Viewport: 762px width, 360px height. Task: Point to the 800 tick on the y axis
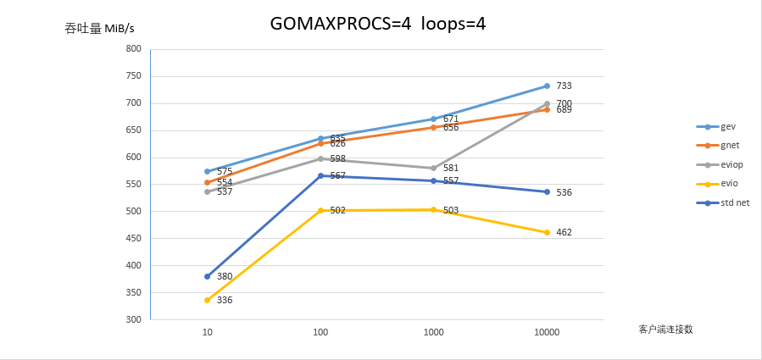[133, 49]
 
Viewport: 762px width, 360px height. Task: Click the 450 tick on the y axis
[133, 238]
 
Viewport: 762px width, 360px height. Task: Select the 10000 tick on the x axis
[547, 333]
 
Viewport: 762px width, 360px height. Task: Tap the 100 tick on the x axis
[320, 333]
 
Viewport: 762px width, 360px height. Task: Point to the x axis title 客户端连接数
[666, 329]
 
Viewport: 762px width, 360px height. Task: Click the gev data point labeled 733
[547, 86]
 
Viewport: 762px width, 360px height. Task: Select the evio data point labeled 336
[207, 300]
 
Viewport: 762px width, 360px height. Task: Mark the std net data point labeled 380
[207, 276]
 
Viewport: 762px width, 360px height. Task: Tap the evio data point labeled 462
[547, 232]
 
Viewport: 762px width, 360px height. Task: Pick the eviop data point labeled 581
[433, 168]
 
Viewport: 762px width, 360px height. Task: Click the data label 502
[337, 210]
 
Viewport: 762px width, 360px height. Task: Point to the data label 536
[564, 192]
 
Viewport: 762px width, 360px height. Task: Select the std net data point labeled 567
[320, 175]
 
